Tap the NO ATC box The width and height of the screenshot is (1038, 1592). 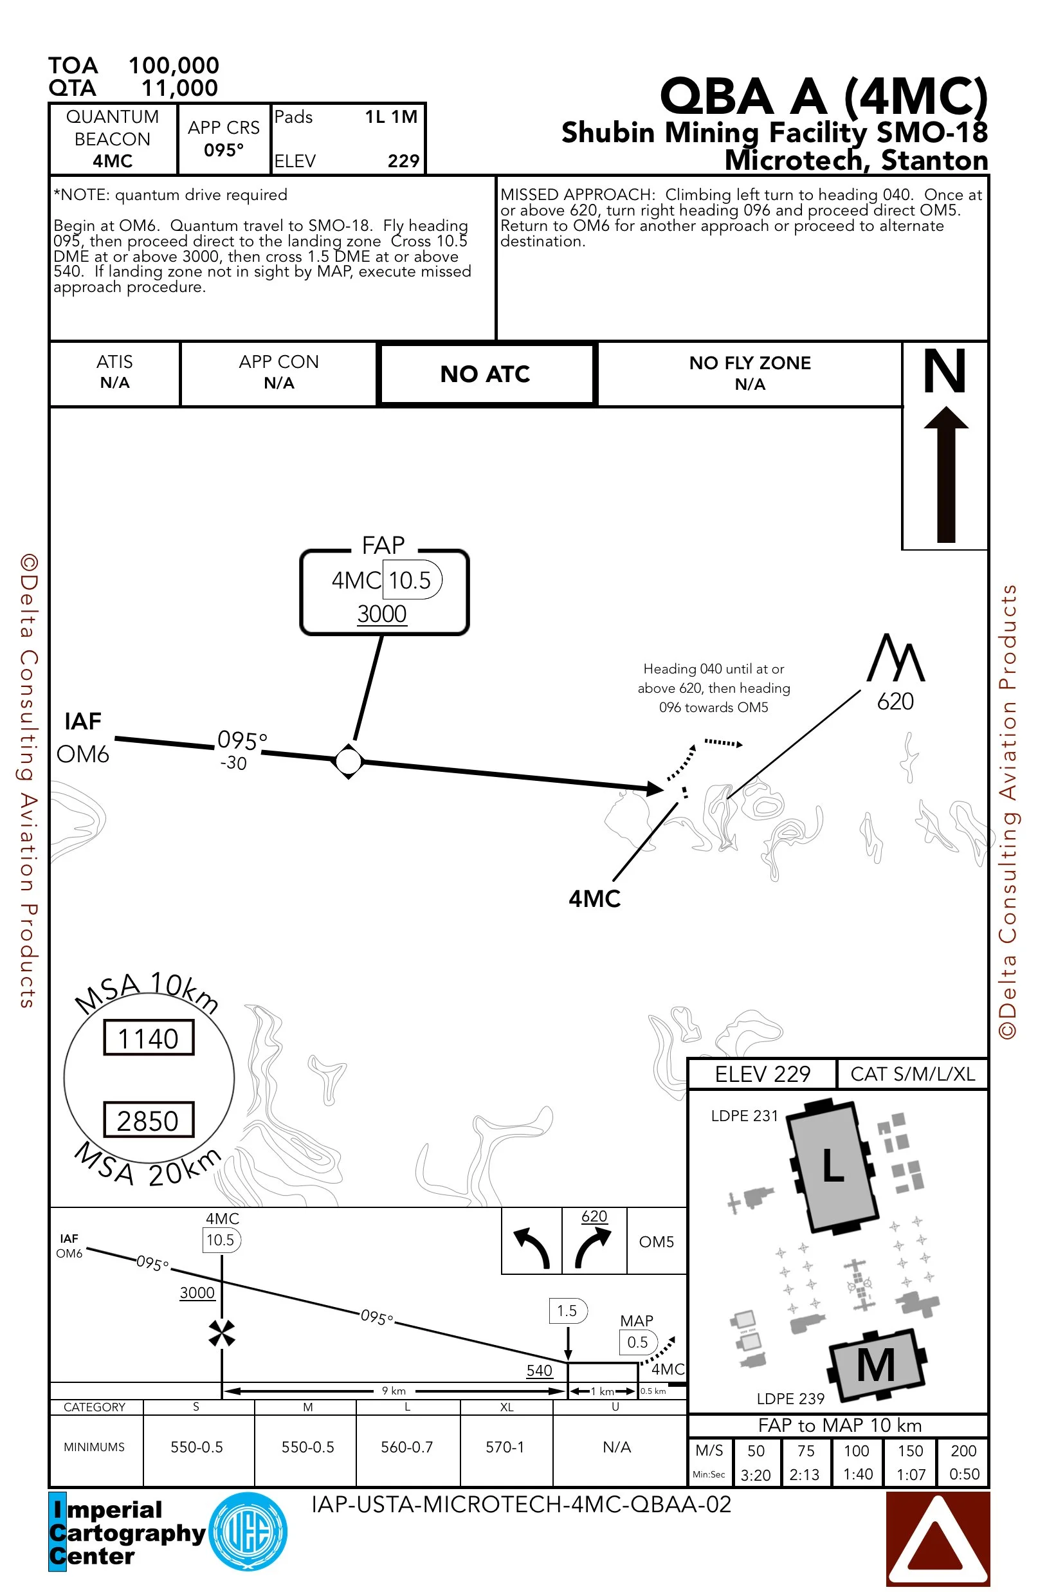pos(485,374)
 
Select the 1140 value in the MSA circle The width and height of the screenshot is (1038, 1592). pos(149,1038)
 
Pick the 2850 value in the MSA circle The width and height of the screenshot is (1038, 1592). pos(149,1121)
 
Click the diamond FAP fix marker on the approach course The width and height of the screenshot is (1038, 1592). pos(349,760)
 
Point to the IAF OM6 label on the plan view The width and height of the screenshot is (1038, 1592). pos(83,738)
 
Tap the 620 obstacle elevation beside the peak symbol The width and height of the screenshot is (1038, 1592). pos(895,701)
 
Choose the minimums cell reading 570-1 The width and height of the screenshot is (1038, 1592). pos(505,1447)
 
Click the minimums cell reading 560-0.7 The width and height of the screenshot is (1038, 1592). pos(406,1447)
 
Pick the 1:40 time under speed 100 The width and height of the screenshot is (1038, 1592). pos(857,1474)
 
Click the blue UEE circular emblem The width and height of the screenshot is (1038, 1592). pos(248,1532)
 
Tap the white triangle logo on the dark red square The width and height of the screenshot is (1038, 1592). pos(937,1539)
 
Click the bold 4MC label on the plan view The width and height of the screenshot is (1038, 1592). pos(595,899)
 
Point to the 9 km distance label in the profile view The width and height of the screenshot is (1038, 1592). pos(394,1391)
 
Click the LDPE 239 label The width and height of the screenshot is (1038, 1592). pos(790,1398)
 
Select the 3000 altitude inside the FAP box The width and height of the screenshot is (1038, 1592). pos(382,614)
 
